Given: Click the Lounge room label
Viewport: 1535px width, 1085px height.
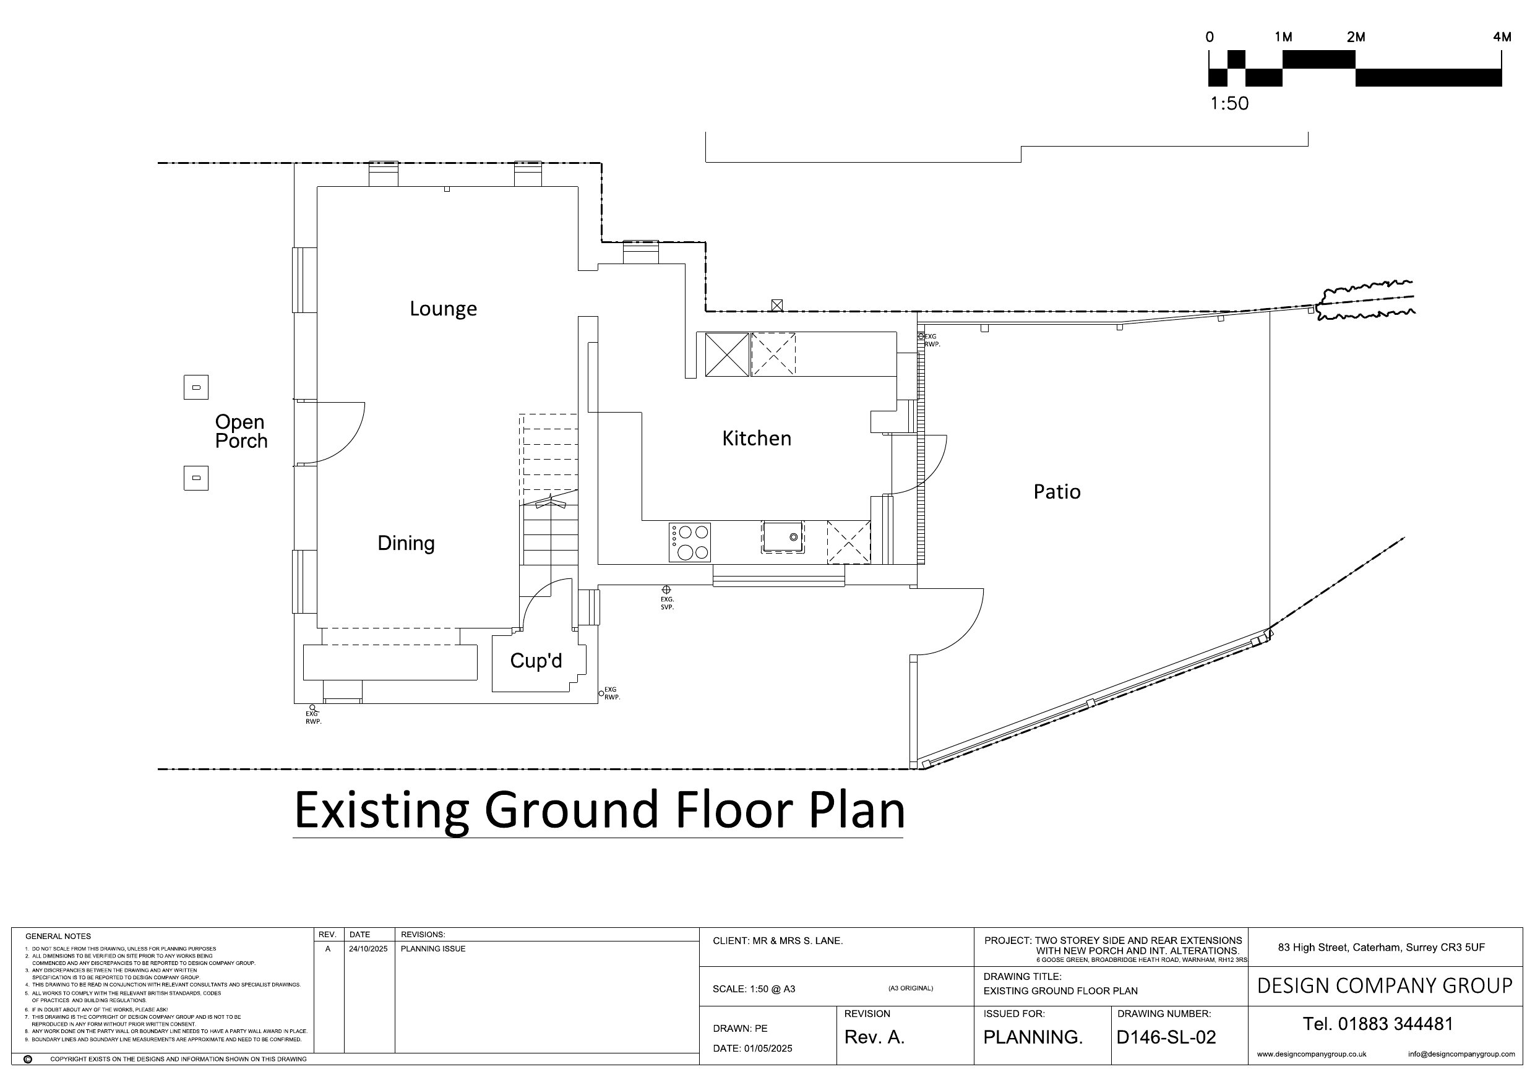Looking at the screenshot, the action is (443, 308).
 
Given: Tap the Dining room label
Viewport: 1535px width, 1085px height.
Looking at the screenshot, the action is (406, 543).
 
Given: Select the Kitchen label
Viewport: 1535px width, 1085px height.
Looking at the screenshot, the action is (757, 438).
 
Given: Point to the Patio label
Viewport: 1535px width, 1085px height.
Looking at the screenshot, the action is (1057, 491).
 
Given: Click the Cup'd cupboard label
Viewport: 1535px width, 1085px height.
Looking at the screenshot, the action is (536, 661).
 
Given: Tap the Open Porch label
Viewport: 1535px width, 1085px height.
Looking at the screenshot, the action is (241, 431).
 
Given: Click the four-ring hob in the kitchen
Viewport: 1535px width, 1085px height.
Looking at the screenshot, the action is (689, 542).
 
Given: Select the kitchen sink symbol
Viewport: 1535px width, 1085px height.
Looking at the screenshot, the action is (782, 537).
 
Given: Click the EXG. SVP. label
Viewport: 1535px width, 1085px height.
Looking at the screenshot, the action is (667, 603).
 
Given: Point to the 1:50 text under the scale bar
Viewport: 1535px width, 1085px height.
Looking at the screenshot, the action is (1229, 104).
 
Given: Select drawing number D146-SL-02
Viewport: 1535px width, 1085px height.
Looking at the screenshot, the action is (1167, 1037).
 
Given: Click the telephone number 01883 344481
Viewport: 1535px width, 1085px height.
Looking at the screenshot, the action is (1395, 1024).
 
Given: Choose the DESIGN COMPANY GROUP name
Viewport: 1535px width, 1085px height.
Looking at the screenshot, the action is (1385, 985).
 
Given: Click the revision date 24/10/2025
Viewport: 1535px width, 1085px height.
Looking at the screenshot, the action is (368, 949).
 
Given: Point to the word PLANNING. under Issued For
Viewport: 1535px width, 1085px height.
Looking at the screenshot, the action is (1033, 1037).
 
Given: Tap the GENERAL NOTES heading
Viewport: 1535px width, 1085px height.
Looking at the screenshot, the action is (58, 936).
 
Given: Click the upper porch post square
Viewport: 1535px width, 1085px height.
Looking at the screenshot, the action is (196, 387).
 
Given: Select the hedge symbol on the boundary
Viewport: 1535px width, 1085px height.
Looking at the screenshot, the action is (1365, 301).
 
